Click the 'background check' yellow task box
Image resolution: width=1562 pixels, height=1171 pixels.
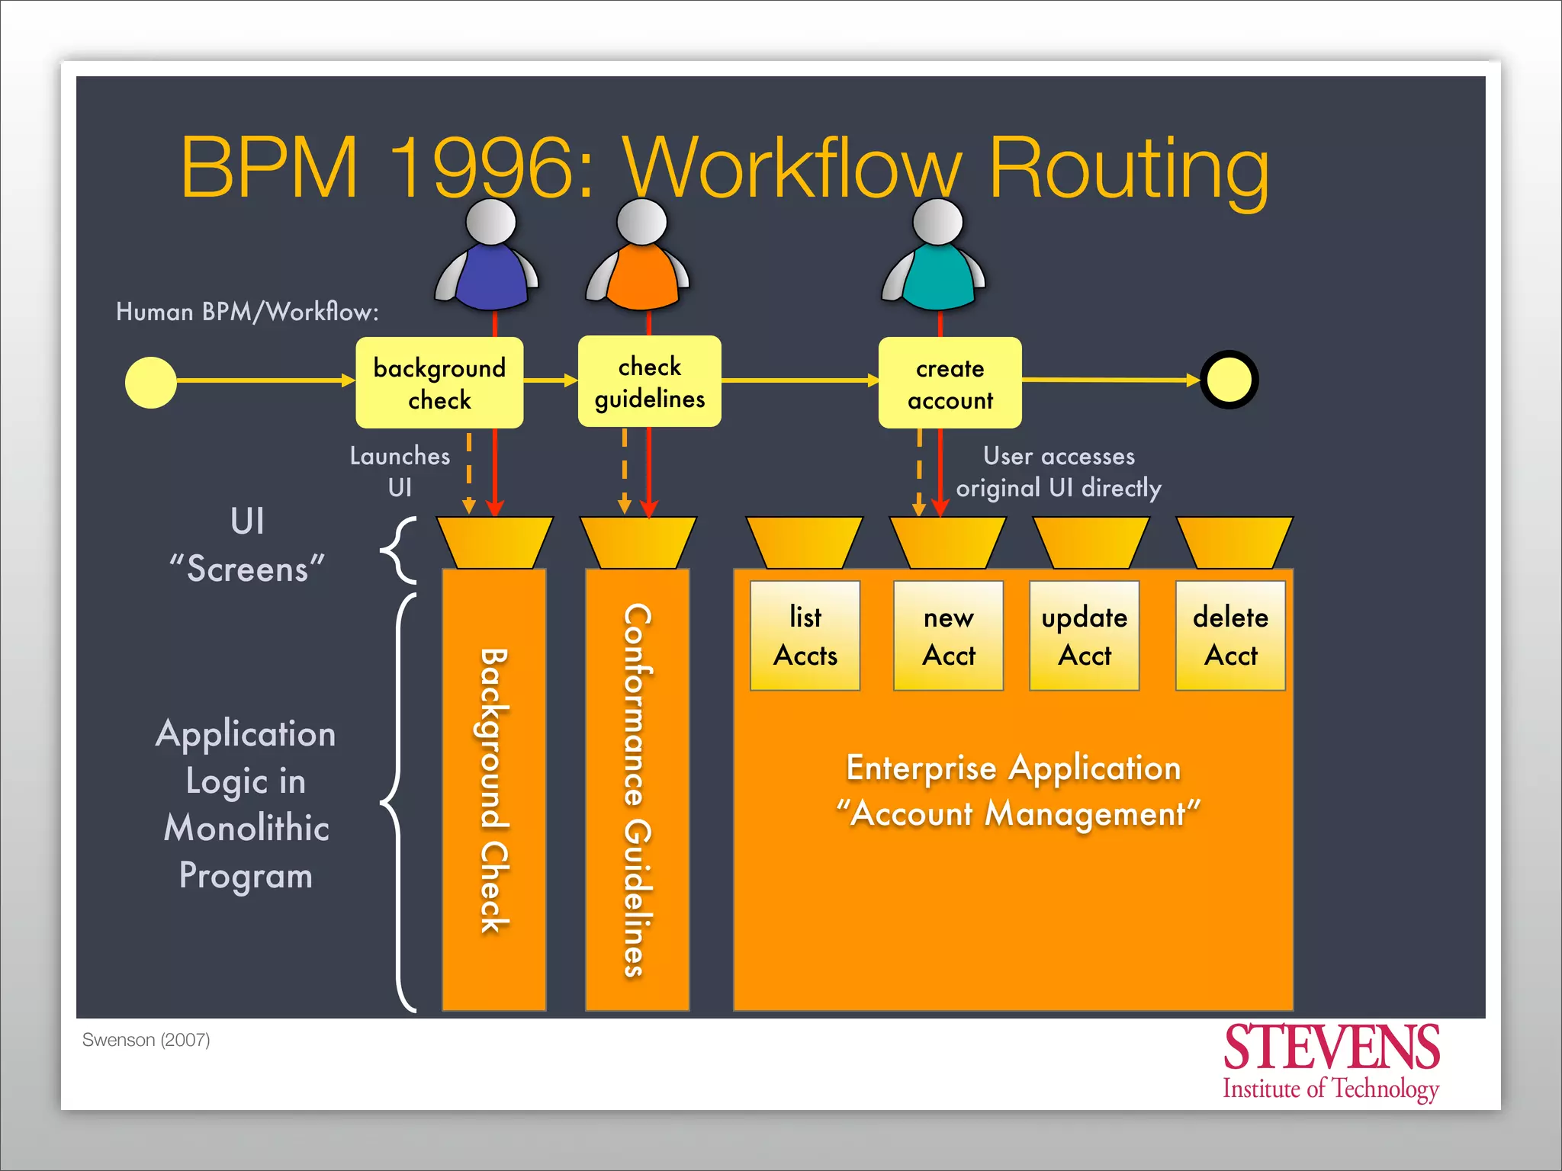[x=439, y=383]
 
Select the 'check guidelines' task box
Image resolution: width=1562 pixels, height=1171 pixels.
[x=649, y=381]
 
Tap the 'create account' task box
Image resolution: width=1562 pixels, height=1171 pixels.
[x=950, y=383]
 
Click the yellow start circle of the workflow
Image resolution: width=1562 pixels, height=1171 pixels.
[x=151, y=383]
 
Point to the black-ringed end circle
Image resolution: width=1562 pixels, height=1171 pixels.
[x=1229, y=380]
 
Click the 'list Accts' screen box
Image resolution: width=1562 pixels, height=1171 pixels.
[x=805, y=636]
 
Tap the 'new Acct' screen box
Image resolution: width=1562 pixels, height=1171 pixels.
[x=948, y=636]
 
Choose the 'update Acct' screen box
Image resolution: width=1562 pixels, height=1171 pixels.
[x=1084, y=636]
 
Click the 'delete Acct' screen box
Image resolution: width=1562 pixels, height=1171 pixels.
[x=1230, y=636]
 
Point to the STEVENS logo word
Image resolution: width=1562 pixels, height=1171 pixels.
[x=1331, y=1047]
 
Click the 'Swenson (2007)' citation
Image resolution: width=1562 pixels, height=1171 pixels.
[x=146, y=1040]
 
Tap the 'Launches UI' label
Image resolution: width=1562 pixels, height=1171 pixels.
[x=400, y=471]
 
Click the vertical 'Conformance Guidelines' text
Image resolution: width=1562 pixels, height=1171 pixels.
[x=638, y=790]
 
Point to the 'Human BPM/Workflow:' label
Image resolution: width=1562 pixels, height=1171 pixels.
[x=247, y=312]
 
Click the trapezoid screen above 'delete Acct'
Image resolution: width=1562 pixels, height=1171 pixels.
[x=1234, y=542]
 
